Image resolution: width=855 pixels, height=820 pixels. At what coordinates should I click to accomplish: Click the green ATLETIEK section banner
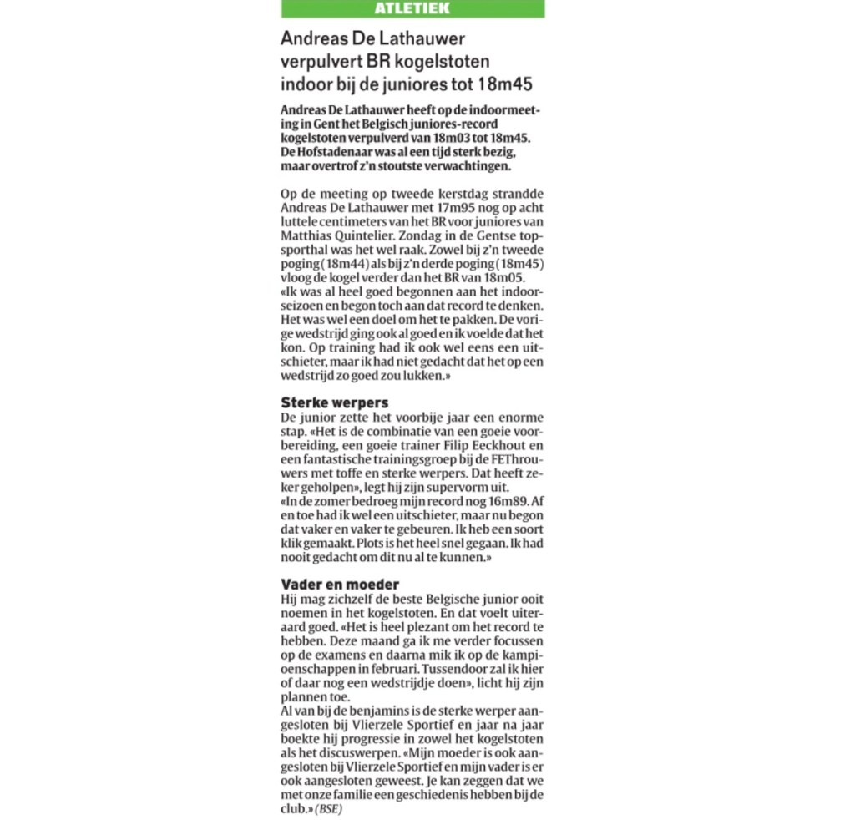412,8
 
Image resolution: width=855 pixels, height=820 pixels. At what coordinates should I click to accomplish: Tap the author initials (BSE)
330,810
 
